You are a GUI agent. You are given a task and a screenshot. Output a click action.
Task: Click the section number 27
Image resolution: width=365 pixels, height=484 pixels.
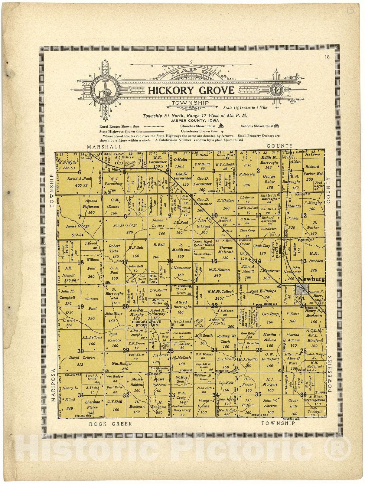click(x=214, y=350)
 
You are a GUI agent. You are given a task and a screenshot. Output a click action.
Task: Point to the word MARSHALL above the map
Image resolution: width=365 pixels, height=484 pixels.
click(x=104, y=146)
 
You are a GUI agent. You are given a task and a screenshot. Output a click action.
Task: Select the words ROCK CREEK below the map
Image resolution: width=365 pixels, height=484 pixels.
click(x=110, y=424)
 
